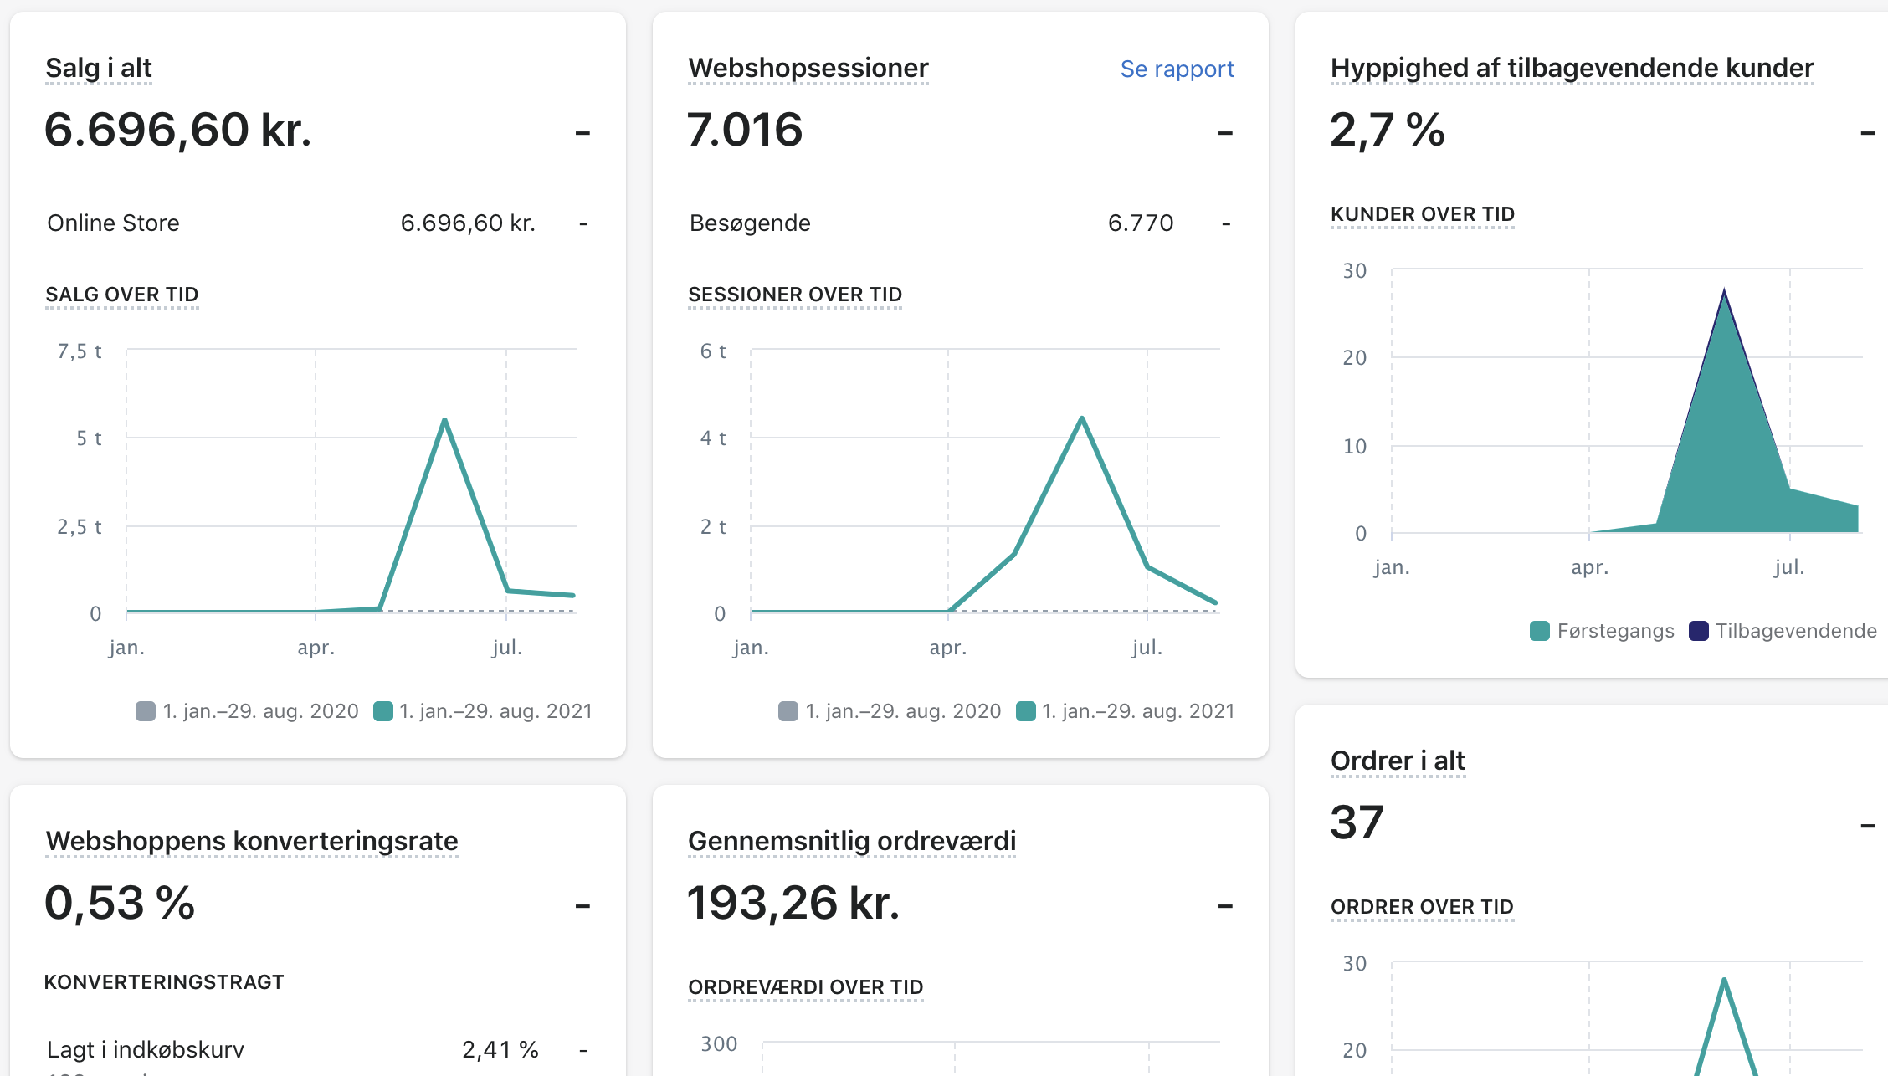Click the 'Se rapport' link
coord(1177,69)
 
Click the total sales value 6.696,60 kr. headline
coord(177,130)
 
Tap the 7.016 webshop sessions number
coord(744,130)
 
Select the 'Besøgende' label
coord(750,223)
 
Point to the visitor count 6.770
coord(1140,223)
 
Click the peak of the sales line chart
coord(444,419)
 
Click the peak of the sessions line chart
coord(1082,418)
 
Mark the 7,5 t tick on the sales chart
coord(80,351)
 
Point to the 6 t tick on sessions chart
coord(713,351)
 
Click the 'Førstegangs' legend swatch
coord(1539,631)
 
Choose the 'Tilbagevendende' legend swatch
coord(1698,631)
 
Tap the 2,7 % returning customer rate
coord(1387,130)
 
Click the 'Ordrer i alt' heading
coord(1398,761)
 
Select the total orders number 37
coord(1357,822)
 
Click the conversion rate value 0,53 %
coord(120,903)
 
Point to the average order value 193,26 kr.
coord(793,903)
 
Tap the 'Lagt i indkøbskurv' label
coord(146,1049)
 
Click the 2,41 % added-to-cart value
coord(500,1049)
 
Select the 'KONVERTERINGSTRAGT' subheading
coord(164,982)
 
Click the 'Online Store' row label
coord(113,223)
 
